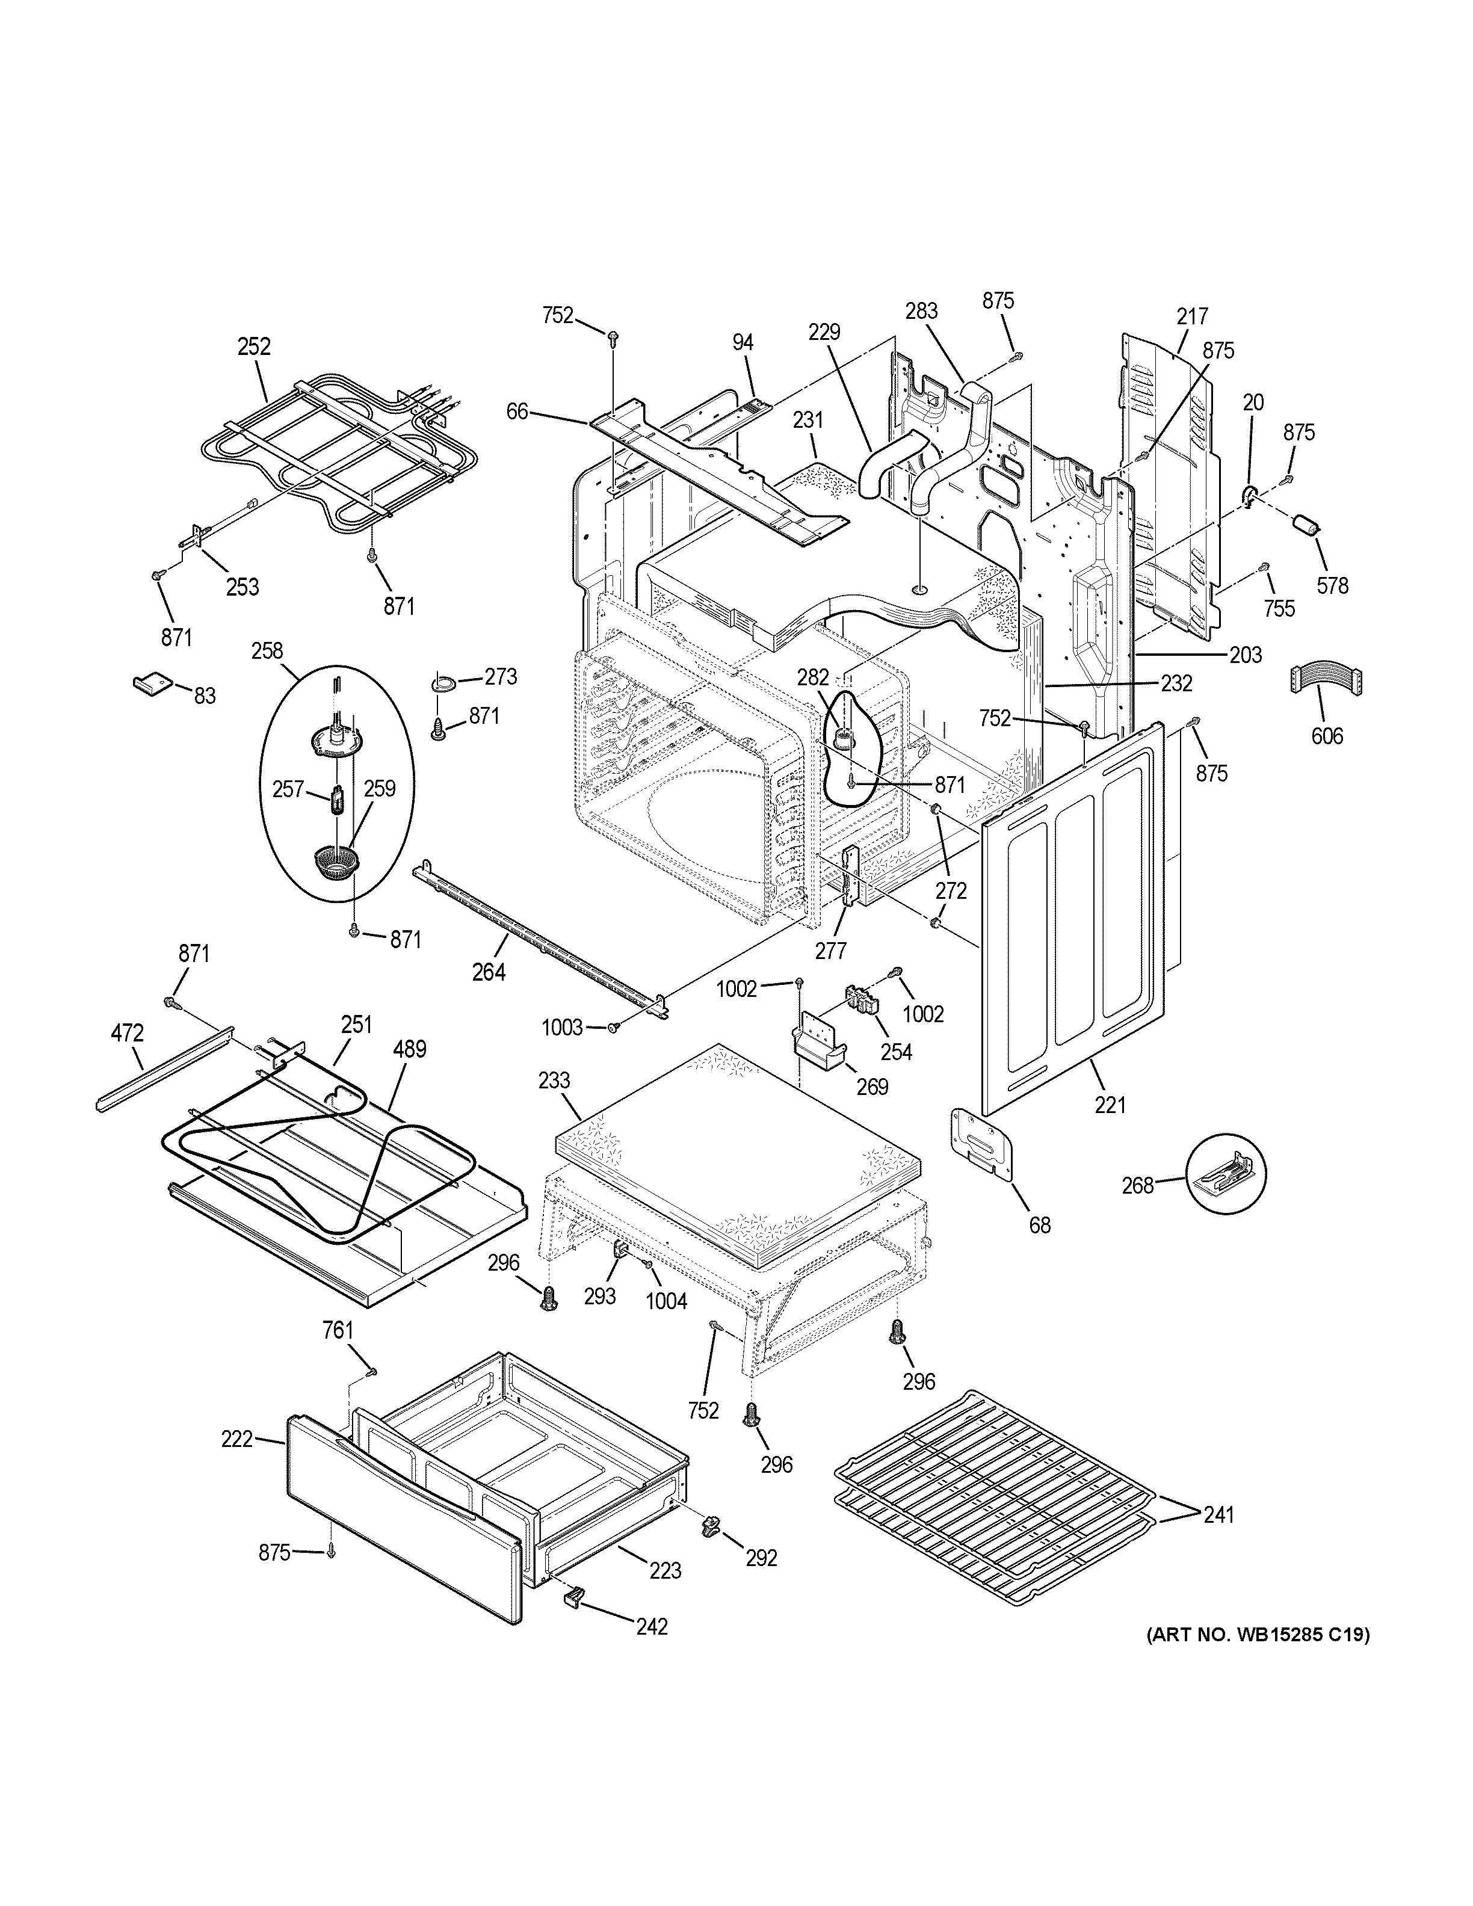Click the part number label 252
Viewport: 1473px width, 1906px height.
[x=254, y=347]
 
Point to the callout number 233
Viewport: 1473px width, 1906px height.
[x=554, y=1081]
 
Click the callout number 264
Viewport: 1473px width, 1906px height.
[x=489, y=970]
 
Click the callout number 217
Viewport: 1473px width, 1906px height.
[x=1193, y=316]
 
